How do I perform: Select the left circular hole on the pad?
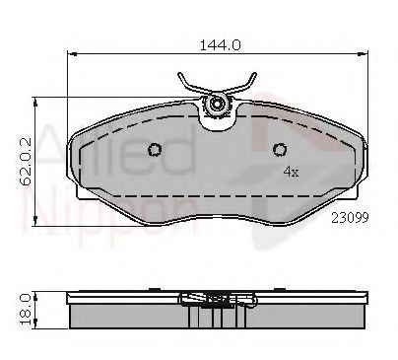click(x=155, y=150)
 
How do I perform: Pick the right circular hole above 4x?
click(x=280, y=150)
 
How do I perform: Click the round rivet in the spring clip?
click(x=218, y=102)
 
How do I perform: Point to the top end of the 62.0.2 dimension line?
click(x=37, y=97)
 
